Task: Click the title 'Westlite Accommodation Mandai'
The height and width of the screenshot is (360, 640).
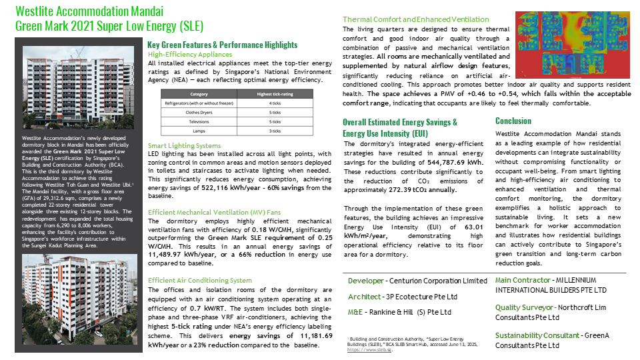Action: tap(89, 12)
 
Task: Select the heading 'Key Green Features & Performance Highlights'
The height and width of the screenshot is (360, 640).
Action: tap(222, 45)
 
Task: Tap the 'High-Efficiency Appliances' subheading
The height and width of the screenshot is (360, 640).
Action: tap(190, 54)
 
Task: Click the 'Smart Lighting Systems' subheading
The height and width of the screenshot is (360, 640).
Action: tap(184, 145)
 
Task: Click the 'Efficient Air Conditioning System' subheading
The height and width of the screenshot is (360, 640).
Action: tap(200, 280)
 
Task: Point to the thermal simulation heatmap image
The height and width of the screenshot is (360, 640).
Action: tap(571, 44)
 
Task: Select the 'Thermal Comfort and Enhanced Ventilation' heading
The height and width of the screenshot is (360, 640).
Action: tap(415, 19)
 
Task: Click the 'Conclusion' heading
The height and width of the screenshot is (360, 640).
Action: tap(513, 121)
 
